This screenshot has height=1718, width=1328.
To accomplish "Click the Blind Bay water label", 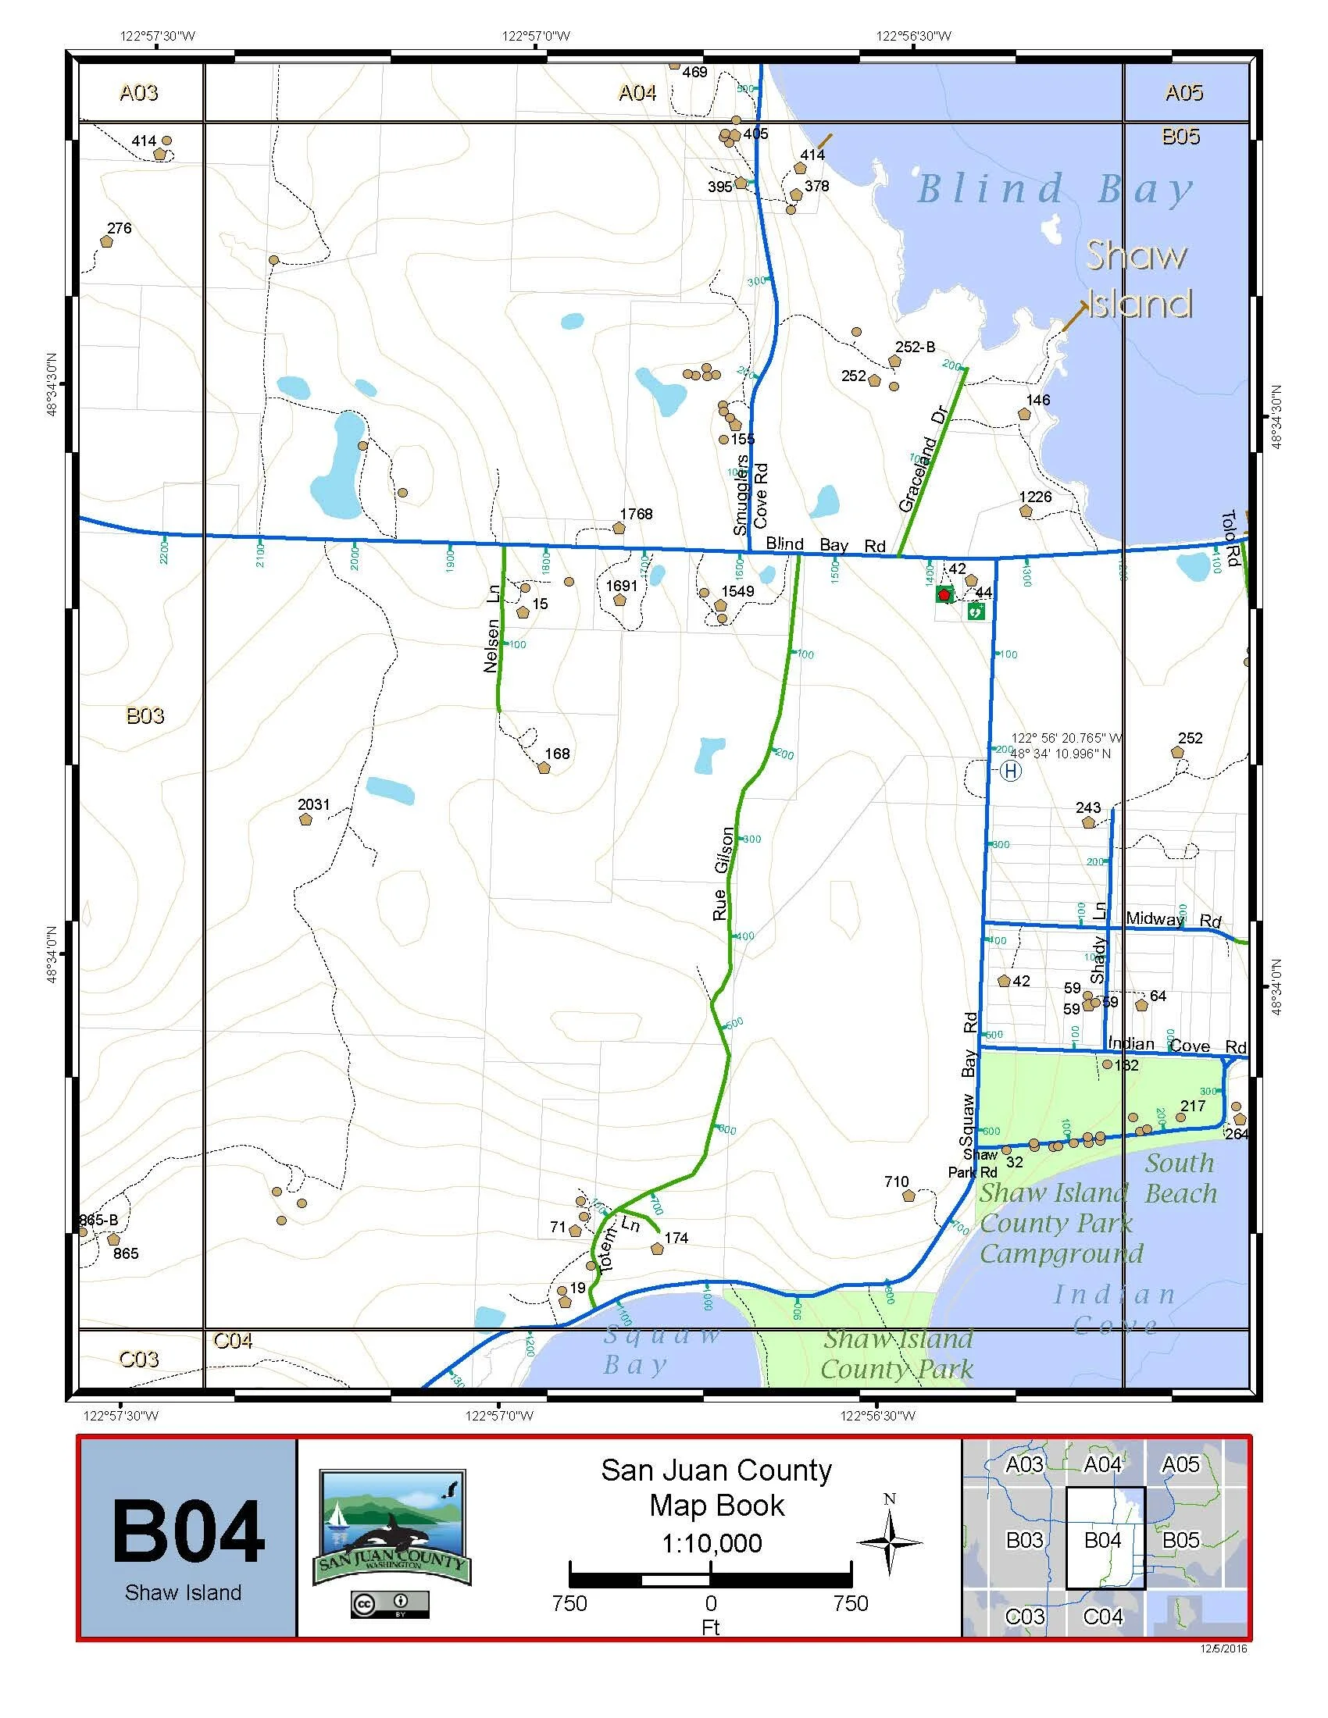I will point(1055,191).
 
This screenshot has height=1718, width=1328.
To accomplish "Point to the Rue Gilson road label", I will point(723,873).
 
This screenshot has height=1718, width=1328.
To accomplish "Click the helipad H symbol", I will point(1011,771).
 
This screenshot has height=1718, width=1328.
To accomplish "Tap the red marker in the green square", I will point(944,595).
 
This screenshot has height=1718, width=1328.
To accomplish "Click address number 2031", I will point(313,804).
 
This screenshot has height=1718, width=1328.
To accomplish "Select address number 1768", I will point(636,514).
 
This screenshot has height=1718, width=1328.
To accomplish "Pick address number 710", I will point(896,1182).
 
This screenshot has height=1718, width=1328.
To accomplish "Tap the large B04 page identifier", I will point(188,1531).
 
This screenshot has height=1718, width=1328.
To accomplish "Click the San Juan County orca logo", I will point(392,1528).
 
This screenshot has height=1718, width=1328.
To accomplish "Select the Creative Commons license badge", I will point(390,1604).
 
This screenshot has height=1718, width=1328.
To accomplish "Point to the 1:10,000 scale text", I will point(711,1543).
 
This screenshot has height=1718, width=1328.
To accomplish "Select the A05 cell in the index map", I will point(1180,1465).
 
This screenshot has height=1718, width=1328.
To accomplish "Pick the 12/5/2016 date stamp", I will point(1223,1648).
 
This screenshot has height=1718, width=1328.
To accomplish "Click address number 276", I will point(119,228).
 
